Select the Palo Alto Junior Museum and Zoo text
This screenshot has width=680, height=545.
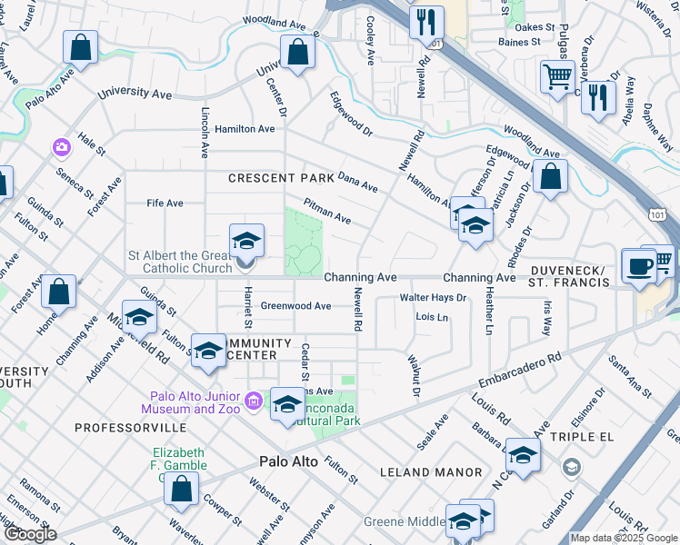pos(196,402)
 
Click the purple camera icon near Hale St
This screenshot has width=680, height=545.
pos(62,146)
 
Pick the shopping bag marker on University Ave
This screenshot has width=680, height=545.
pos(297,53)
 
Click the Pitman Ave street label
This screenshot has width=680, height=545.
pos(327,213)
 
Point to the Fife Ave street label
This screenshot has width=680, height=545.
pos(165,203)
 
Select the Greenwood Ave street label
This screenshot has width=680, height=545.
pos(295,306)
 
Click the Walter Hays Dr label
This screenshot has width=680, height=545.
pos(433,297)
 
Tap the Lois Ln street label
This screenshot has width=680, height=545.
pos(432,317)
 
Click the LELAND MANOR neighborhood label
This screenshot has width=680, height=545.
pos(430,472)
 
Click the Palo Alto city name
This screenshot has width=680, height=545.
pos(289,461)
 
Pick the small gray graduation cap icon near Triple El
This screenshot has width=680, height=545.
pos(571,468)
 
